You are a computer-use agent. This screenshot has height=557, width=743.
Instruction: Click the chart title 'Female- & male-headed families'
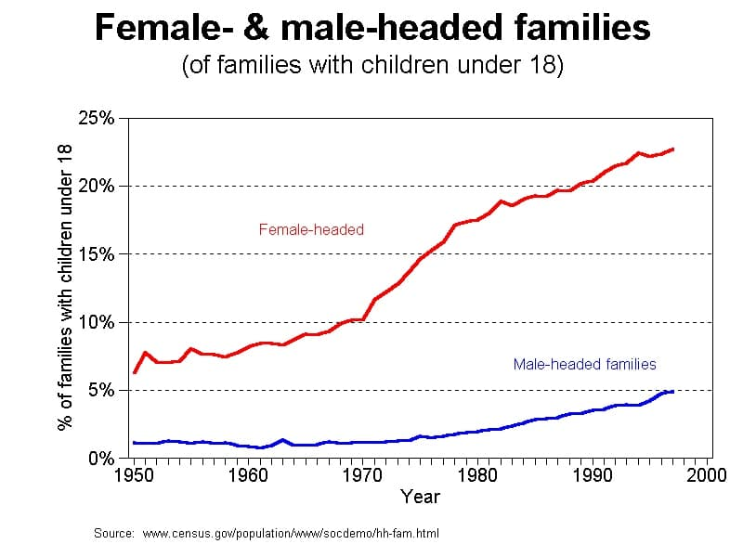[x=372, y=29]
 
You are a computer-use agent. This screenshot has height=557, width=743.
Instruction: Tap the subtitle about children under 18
[x=372, y=67]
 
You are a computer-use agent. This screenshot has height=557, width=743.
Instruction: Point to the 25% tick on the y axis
[x=96, y=118]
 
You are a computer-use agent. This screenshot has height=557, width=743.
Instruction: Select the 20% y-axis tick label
[x=96, y=186]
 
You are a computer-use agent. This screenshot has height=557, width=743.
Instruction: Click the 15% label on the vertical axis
[x=96, y=253]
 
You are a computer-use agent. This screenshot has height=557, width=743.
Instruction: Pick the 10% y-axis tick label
[x=96, y=322]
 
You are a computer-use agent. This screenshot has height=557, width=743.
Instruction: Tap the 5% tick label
[x=100, y=390]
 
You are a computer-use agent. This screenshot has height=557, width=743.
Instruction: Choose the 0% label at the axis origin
[x=100, y=459]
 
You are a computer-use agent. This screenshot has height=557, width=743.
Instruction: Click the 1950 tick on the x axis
[x=134, y=476]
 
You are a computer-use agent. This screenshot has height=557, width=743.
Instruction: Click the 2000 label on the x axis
[x=703, y=476]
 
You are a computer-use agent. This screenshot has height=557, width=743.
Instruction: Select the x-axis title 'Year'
[x=420, y=497]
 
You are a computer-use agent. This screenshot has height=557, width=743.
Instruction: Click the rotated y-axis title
[x=65, y=288]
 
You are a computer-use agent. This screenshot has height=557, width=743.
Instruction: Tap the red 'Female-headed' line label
[x=311, y=229]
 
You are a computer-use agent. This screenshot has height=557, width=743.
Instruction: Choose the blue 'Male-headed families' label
[x=585, y=364]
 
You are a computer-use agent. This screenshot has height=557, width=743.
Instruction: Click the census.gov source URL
[x=290, y=534]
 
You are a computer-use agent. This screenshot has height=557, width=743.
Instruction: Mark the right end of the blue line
[x=671, y=392]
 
